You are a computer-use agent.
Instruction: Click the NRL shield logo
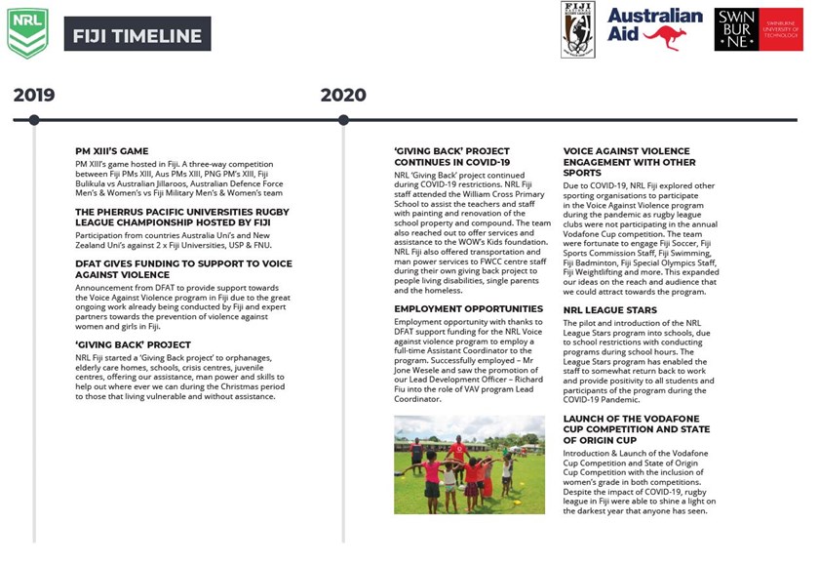tap(27, 33)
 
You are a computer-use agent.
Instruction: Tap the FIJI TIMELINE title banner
tap(136, 37)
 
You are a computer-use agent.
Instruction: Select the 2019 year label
tap(34, 95)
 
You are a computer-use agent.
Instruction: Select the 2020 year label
tap(343, 95)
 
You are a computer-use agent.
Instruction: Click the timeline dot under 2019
tap(34, 120)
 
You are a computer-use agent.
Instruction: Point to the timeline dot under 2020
tap(343, 120)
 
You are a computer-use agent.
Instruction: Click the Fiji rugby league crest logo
tap(577, 29)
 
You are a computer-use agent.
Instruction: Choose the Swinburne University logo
tap(759, 29)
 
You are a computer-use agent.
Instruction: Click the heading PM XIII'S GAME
tap(111, 151)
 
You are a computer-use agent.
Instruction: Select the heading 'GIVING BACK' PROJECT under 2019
tap(133, 344)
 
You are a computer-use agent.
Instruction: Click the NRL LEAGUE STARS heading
tap(610, 310)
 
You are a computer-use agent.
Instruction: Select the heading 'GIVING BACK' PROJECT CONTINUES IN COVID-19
tap(451, 157)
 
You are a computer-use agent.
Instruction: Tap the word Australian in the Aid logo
tap(654, 16)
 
